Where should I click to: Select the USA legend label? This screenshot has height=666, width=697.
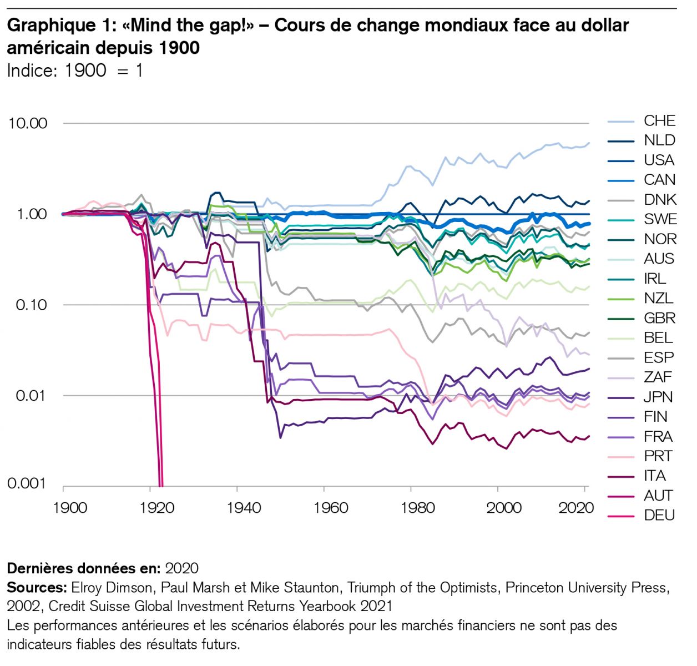[659, 160]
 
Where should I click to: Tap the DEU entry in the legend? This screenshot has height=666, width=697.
[659, 516]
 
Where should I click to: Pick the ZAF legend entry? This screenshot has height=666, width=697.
[658, 377]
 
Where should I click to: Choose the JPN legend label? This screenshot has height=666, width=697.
[658, 397]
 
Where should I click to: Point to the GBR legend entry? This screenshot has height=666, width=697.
[659, 318]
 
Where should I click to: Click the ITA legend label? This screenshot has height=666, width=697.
[655, 476]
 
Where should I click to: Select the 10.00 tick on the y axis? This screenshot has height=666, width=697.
[28, 123]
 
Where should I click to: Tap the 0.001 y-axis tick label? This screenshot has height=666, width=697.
[27, 483]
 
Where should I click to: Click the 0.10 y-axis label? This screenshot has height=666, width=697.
[32, 305]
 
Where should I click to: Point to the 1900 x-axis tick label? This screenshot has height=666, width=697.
[70, 508]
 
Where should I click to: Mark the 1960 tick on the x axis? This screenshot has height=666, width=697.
[331, 508]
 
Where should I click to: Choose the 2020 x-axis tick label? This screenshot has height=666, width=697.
[576, 508]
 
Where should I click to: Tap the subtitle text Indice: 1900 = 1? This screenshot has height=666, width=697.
[75, 70]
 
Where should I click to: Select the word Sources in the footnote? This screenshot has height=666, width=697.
[37, 588]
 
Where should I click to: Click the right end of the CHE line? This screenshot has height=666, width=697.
[589, 143]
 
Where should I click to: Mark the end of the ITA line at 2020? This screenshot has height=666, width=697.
[589, 436]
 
